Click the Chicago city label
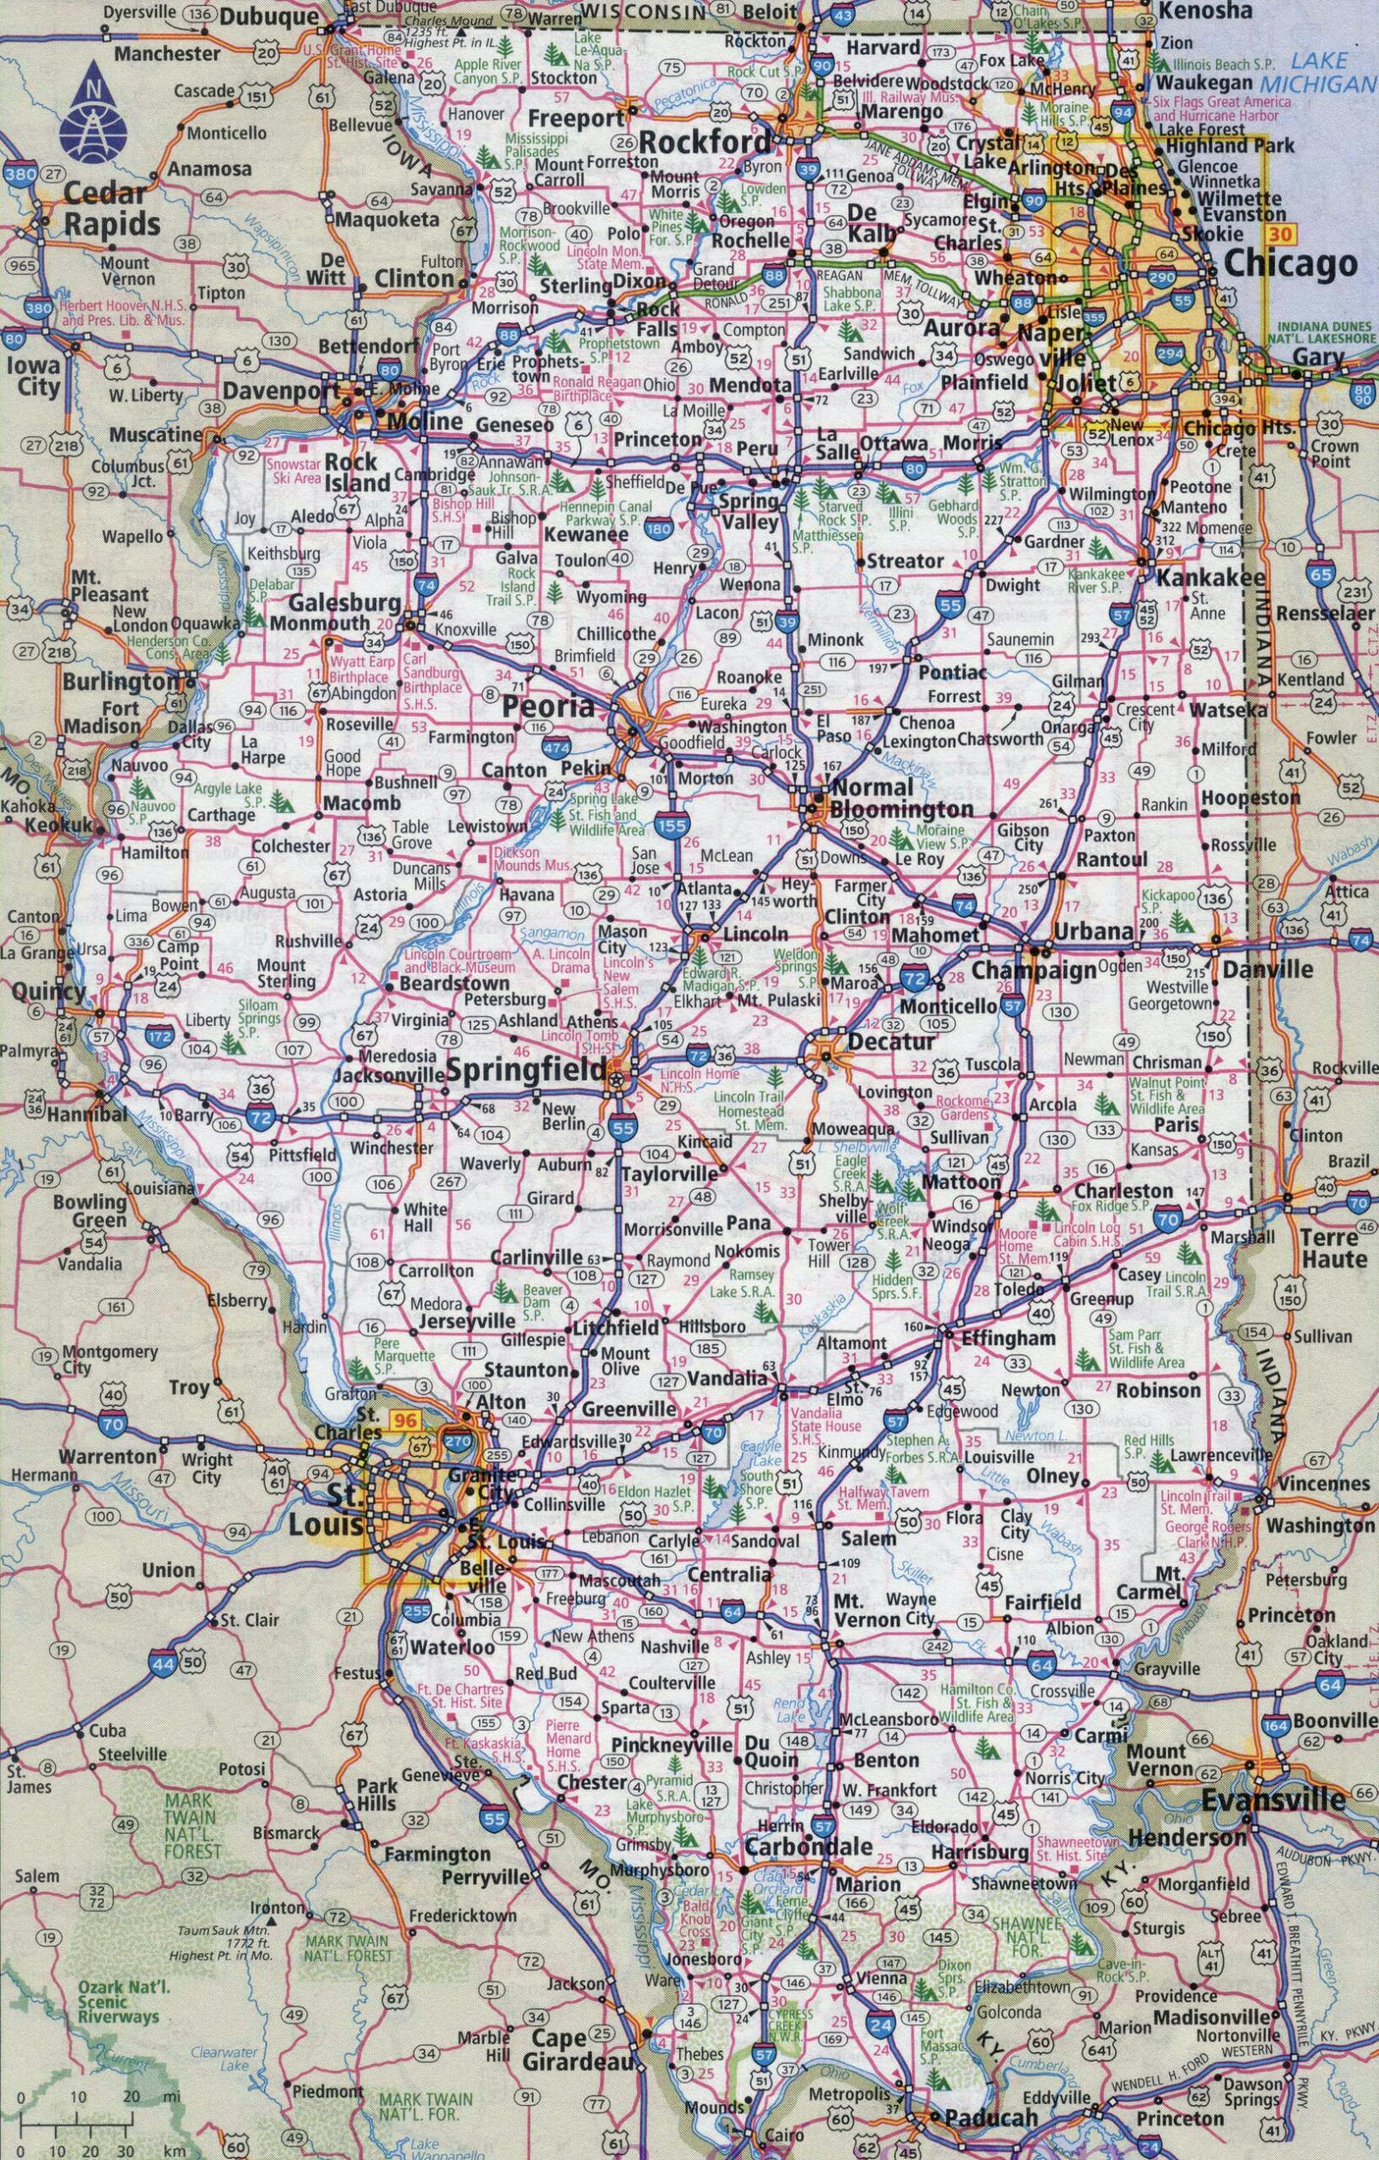tap(1290, 264)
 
